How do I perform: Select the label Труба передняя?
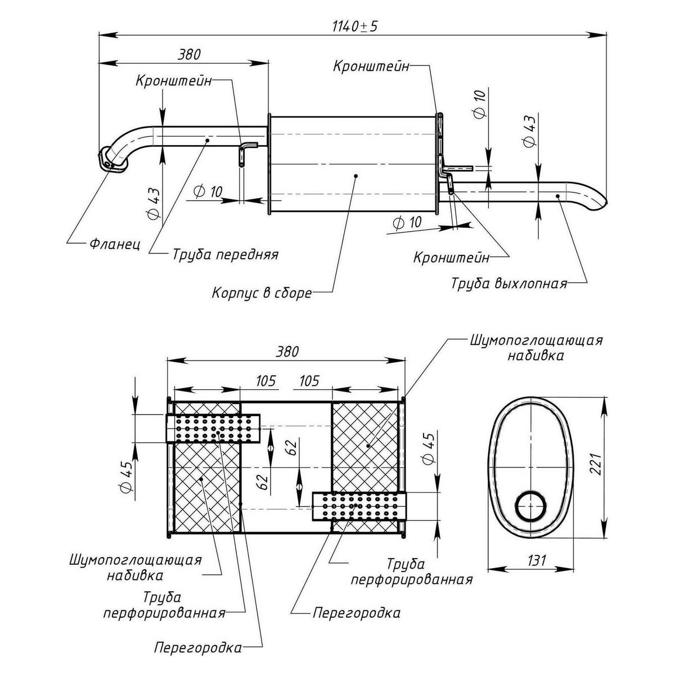(225, 254)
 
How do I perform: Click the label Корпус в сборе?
(262, 293)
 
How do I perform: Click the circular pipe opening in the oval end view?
(531, 506)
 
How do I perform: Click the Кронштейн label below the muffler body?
(451, 258)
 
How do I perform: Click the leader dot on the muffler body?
(356, 176)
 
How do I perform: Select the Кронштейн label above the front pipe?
(173, 80)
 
